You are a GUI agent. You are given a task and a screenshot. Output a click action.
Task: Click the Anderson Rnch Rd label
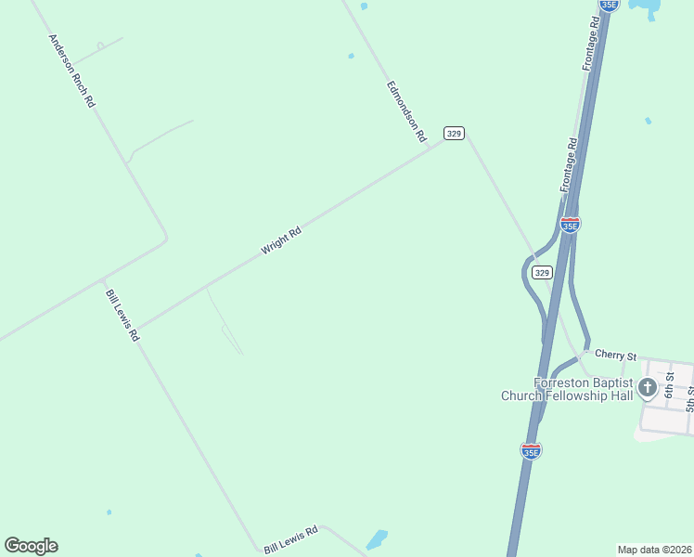tap(71, 71)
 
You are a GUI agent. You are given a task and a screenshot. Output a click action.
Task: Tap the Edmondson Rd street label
tap(405, 111)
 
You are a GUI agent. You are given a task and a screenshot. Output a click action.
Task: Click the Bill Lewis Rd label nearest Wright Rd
tap(122, 316)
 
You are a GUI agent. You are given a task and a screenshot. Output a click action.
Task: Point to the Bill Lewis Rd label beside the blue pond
tap(290, 538)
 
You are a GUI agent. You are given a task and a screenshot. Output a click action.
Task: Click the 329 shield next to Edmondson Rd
tap(453, 133)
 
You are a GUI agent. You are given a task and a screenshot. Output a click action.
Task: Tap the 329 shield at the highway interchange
tap(543, 272)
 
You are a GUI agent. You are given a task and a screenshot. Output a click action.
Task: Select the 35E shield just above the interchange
tap(570, 225)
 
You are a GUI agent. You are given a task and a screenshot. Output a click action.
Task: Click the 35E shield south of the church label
tap(531, 450)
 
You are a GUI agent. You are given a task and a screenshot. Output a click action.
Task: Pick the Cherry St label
tap(616, 355)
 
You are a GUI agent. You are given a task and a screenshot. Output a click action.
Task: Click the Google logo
tap(31, 546)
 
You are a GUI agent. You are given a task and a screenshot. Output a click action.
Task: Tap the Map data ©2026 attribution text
tap(653, 550)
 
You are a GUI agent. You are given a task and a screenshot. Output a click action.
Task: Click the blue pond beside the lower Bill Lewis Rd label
tap(377, 538)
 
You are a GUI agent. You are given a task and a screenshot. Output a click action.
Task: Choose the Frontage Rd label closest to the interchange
tap(569, 165)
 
